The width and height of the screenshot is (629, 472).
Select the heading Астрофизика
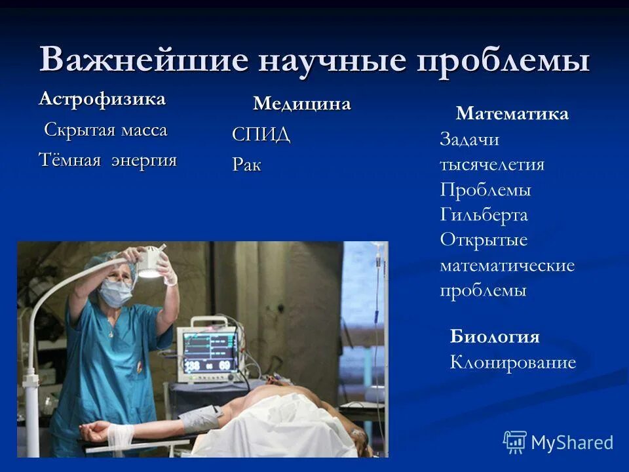click(x=102, y=99)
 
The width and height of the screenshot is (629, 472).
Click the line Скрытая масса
click(x=105, y=130)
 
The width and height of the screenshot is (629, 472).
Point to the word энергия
click(x=143, y=160)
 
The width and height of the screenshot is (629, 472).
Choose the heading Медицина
click(x=302, y=104)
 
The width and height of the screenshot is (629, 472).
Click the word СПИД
click(x=261, y=135)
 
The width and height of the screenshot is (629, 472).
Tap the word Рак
click(x=246, y=165)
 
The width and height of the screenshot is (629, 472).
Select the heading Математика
click(x=512, y=114)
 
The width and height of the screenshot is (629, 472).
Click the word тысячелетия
click(x=491, y=165)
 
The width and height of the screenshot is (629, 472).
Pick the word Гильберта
click(x=484, y=215)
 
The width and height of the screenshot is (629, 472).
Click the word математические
click(x=506, y=265)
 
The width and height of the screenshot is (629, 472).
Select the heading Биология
click(x=495, y=337)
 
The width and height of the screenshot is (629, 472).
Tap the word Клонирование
click(x=512, y=363)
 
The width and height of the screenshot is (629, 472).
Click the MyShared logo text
click(x=571, y=442)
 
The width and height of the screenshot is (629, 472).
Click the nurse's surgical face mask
click(x=115, y=293)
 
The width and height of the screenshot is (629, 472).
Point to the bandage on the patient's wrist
click(x=120, y=433)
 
